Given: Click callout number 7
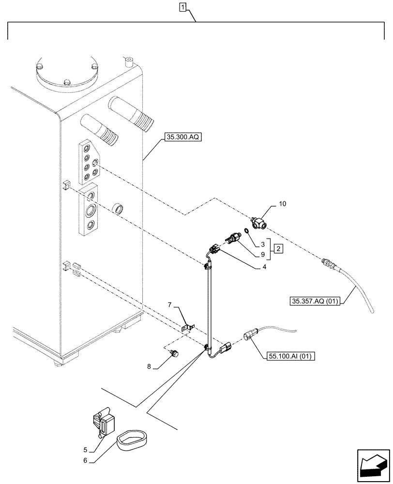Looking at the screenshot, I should [170, 304].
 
